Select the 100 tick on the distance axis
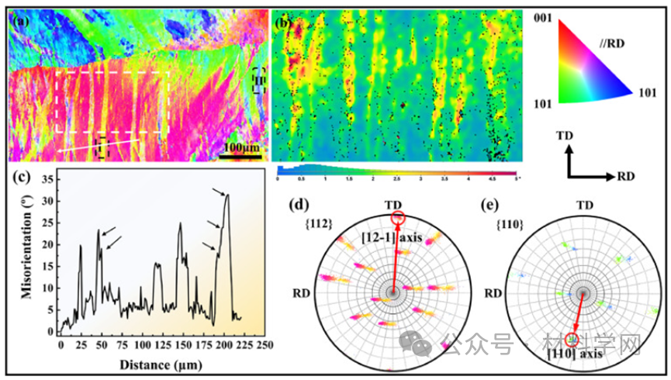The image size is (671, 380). [142, 343]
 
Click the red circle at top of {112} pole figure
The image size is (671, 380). [397, 218]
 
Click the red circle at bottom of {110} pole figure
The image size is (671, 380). [572, 339]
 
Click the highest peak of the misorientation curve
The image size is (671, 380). [227, 195]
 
